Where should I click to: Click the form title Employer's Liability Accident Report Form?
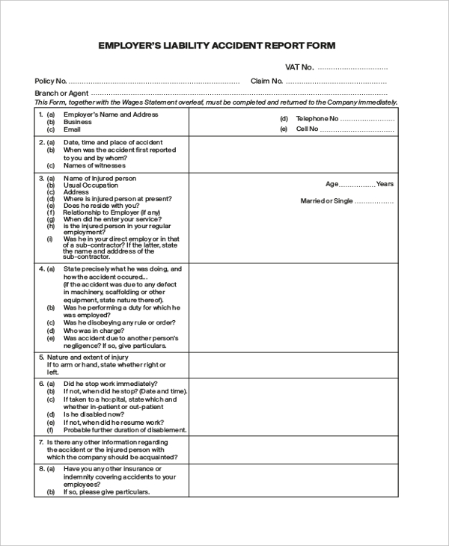[x=217, y=46]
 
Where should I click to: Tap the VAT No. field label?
[x=298, y=67]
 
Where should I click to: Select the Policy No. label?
[x=51, y=81]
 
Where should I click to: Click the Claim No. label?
[x=266, y=81]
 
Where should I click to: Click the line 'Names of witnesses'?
[x=94, y=165]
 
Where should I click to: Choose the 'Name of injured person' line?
[x=100, y=179]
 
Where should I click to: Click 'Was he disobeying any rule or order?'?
[x=120, y=322]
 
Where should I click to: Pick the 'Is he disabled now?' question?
[x=94, y=414]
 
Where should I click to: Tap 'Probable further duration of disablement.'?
[x=124, y=430]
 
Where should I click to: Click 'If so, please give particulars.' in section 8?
[x=106, y=491]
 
